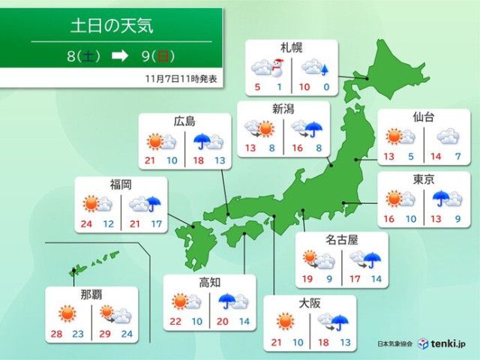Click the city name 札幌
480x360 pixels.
click(292, 48)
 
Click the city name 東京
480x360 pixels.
click(422, 179)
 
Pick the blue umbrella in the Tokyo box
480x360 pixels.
click(440, 199)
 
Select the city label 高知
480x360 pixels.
click(208, 283)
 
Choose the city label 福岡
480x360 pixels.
click(120, 184)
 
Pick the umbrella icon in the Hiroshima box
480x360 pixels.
click(202, 141)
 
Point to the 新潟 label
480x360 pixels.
click(282, 109)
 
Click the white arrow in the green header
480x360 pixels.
click(119, 55)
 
